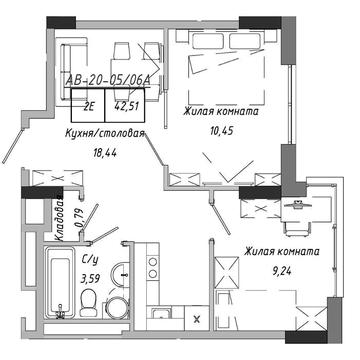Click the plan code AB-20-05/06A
tap(108, 80)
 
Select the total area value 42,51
tap(126, 106)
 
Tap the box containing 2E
tap(88, 105)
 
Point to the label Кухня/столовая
tap(104, 134)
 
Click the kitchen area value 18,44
tap(105, 153)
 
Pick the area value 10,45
tap(221, 131)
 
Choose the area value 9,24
tap(282, 272)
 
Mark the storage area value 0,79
tap(79, 219)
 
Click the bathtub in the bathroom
tap(60, 282)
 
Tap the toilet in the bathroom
tap(89, 302)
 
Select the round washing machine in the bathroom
tap(117, 307)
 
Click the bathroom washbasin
tap(120, 274)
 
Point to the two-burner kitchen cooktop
tap(153, 267)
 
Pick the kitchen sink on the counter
tap(161, 314)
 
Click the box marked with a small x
tap(197, 319)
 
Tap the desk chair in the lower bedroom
tap(297, 229)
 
